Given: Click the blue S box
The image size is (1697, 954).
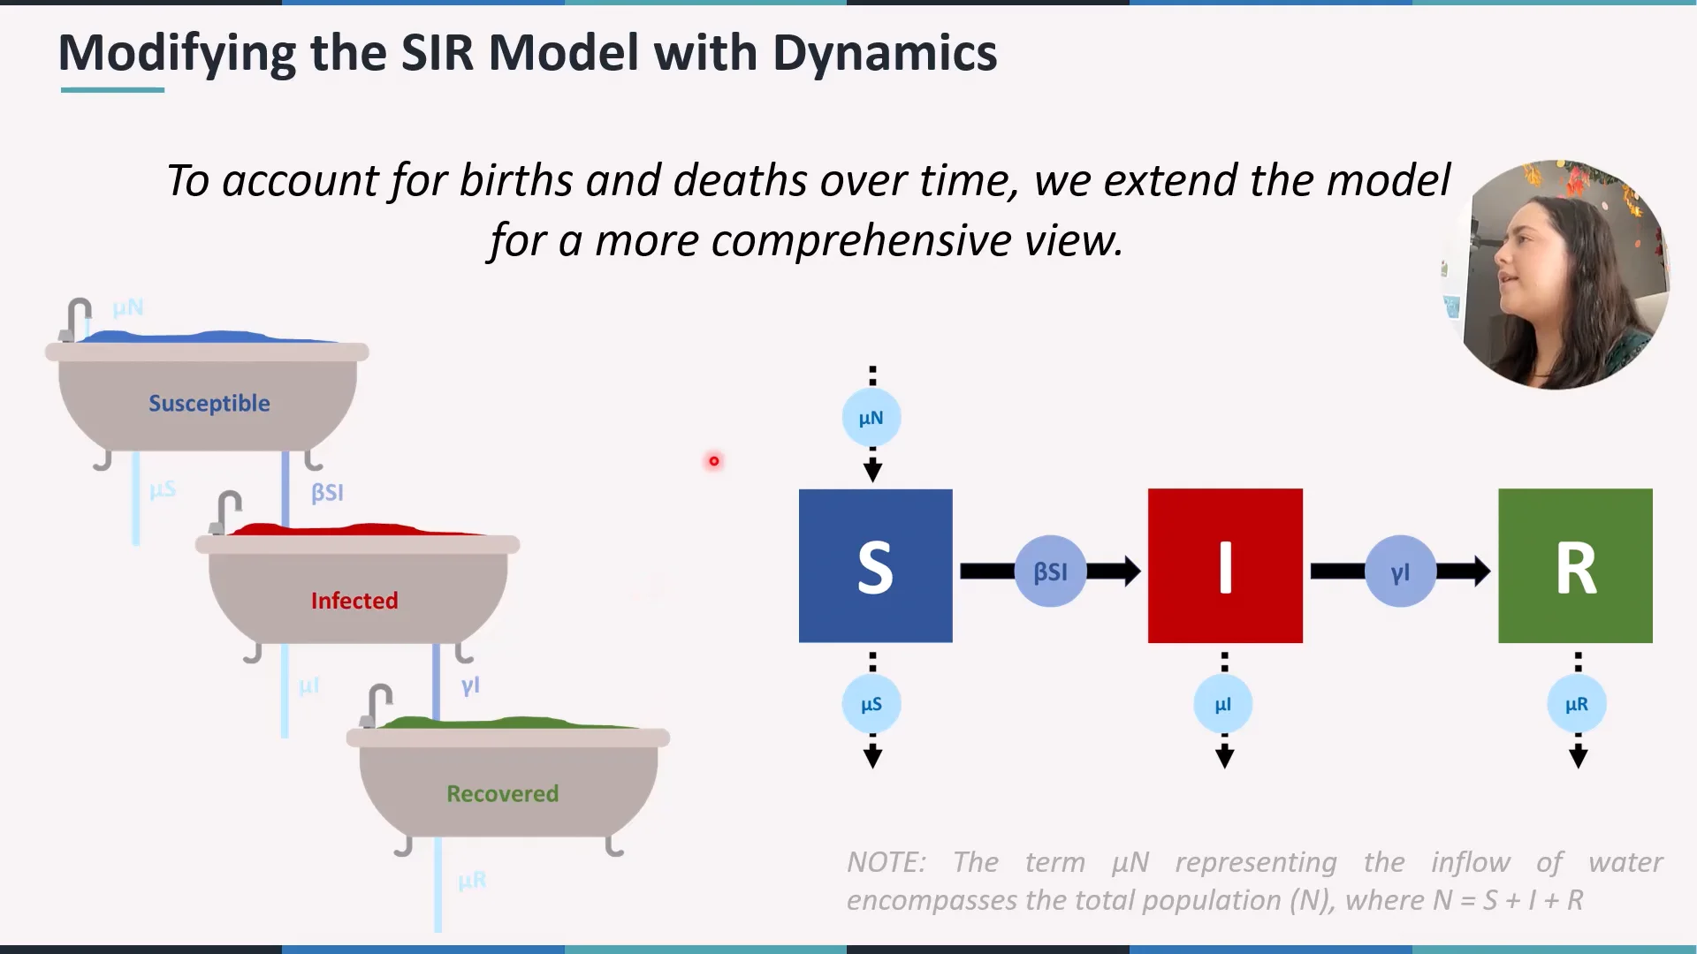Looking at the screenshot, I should coord(875,565).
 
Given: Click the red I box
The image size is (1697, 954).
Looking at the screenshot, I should coord(1224,565).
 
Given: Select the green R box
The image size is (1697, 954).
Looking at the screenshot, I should coord(1575,565).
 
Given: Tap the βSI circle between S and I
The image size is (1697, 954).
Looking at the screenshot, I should coord(1050,572).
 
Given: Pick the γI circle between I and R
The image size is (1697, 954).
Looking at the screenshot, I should coord(1400,572).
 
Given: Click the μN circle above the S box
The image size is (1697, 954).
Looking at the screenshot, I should coord(871,418).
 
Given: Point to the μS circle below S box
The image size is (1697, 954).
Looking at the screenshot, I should coord(871,704).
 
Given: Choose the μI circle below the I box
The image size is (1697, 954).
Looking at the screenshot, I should coord(1223,704).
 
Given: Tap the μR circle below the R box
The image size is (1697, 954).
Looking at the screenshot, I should coord(1576,704).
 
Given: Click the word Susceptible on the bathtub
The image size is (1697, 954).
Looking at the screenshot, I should coord(209,404).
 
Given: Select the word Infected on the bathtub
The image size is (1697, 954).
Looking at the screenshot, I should coord(354,601).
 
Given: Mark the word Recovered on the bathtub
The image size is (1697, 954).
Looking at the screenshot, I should coord(502,793).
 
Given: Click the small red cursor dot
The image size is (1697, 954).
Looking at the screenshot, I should coord(714,461).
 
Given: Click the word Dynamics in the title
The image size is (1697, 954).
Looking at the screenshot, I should coord(884,53).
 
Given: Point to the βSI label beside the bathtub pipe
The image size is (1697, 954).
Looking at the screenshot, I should coord(327,492).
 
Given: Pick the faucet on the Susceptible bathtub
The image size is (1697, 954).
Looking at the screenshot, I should coord(77,318).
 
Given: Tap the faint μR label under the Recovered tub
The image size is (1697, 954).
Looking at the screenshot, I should coord(472,880).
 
